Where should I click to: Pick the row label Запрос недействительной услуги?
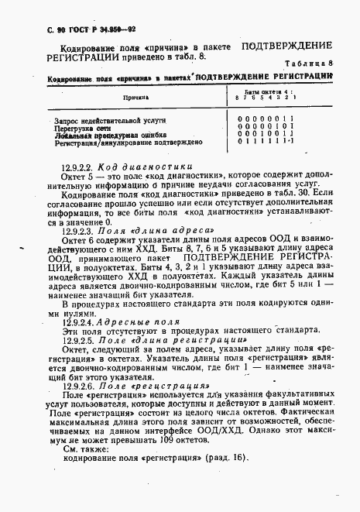(111, 121)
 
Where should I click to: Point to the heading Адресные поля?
(134, 321)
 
